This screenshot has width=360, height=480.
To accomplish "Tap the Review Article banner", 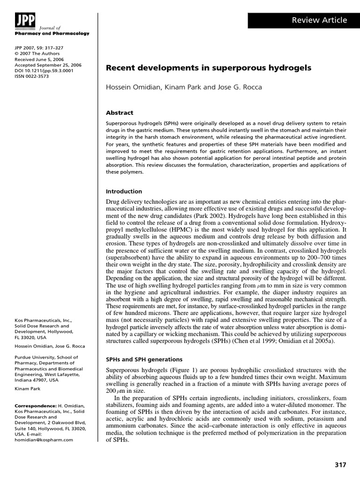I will pyautogui.click(x=303, y=20).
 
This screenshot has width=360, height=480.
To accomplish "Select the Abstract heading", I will pyautogui.click(x=120, y=112).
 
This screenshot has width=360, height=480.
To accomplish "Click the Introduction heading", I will pyautogui.click(x=124, y=191).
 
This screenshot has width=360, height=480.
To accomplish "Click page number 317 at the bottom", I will pyautogui.click(x=340, y=465).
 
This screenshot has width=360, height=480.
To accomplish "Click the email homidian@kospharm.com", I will pyautogui.click(x=44, y=440).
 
